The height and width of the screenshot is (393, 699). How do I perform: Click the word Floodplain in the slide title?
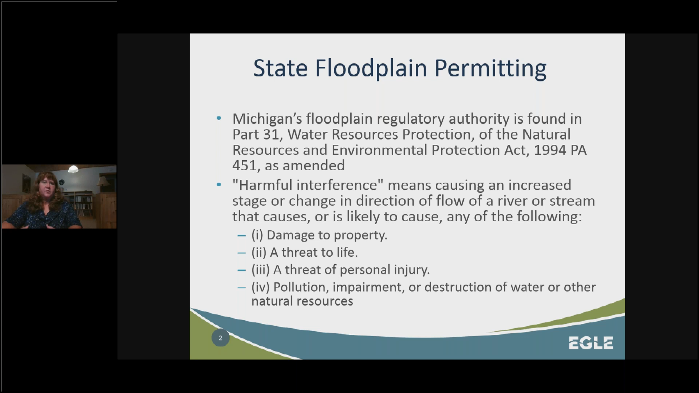click(371, 68)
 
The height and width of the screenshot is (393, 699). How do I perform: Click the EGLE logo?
click(591, 343)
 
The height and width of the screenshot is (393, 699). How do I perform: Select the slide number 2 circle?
click(220, 338)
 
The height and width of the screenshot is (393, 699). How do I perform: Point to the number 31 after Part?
click(272, 135)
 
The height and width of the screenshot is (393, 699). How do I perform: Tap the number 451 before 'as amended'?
click(245, 166)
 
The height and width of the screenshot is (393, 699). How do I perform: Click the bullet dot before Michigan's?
click(218, 118)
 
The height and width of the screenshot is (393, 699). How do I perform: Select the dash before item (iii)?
click(241, 270)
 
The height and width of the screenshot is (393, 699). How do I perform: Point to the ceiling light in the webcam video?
click(73, 169)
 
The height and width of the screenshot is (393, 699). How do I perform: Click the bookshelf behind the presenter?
click(83, 202)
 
